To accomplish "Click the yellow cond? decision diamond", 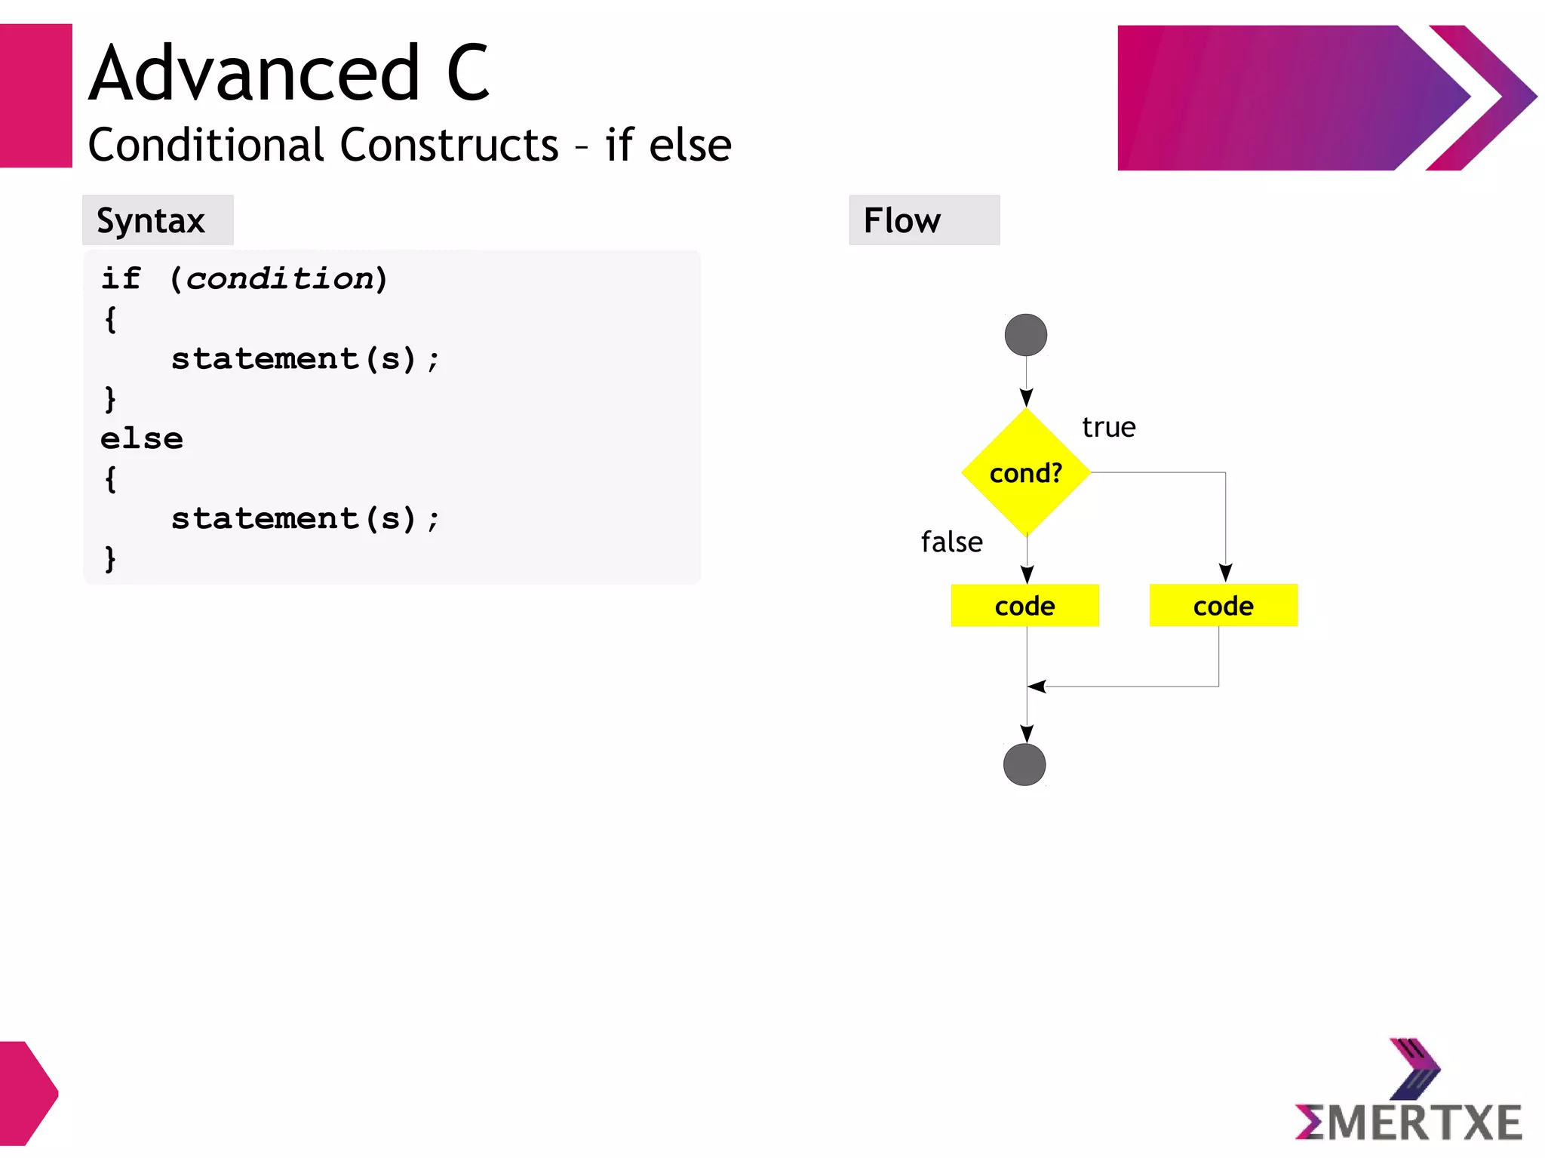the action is tap(1026, 472).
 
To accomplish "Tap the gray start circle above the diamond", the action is tap(1026, 335).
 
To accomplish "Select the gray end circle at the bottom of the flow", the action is tap(1024, 764).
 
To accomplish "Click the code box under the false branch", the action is tap(1024, 605).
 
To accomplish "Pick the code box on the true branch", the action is tap(1223, 605).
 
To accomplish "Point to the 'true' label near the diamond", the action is tap(1108, 427).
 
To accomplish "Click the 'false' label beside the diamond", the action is tap(951, 542).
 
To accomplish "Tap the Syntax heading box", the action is tap(158, 220).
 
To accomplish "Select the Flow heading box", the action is tap(924, 220).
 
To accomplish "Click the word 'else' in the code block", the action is tap(142, 438).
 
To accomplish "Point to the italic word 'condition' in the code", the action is tap(280, 278).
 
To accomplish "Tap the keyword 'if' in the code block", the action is tap(121, 278).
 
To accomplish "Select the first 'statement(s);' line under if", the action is tap(304, 358).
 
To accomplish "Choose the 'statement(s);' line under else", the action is tap(304, 518).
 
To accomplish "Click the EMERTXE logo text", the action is tap(1408, 1122).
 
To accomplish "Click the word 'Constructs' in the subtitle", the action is tap(449, 145).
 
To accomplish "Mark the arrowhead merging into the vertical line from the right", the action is tap(1037, 687).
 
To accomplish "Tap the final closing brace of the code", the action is tap(110, 559).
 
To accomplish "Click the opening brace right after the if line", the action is tap(110, 319).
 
